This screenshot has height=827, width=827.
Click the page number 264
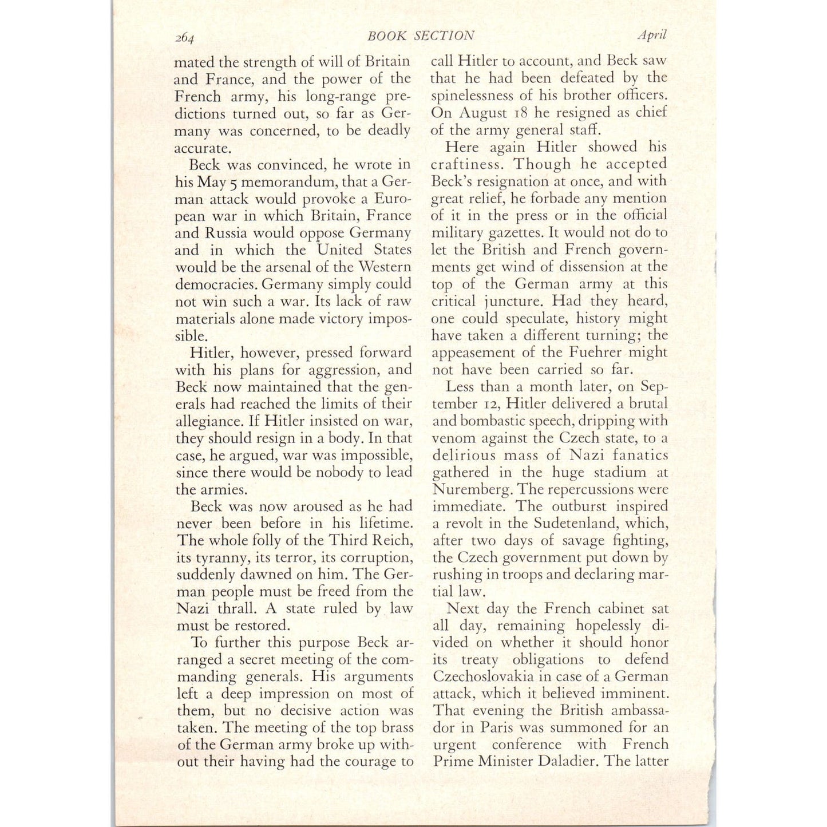point(185,38)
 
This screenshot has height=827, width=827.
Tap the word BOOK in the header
point(387,35)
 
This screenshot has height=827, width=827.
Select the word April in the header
point(652,34)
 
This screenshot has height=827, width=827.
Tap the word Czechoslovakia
point(490,676)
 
